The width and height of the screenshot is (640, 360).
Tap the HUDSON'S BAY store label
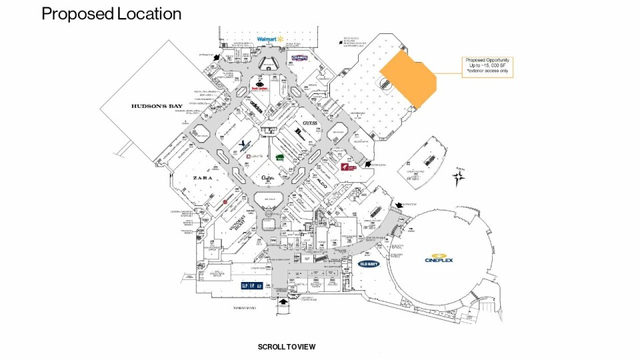click(x=157, y=107)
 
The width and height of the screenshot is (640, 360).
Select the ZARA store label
click(x=203, y=179)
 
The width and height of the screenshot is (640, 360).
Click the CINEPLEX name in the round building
click(x=438, y=259)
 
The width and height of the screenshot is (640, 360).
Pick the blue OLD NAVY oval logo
click(x=369, y=264)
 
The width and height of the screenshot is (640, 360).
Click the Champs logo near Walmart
click(x=299, y=58)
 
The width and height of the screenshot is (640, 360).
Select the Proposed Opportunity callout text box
click(x=488, y=67)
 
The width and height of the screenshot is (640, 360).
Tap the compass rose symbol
click(x=459, y=178)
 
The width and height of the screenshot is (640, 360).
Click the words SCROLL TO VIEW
click(x=287, y=347)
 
